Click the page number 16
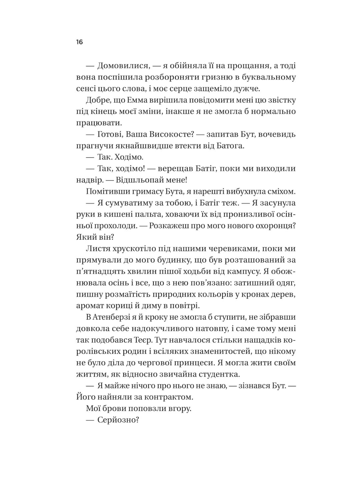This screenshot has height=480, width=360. [79, 42]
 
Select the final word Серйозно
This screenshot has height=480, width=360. [118, 420]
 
